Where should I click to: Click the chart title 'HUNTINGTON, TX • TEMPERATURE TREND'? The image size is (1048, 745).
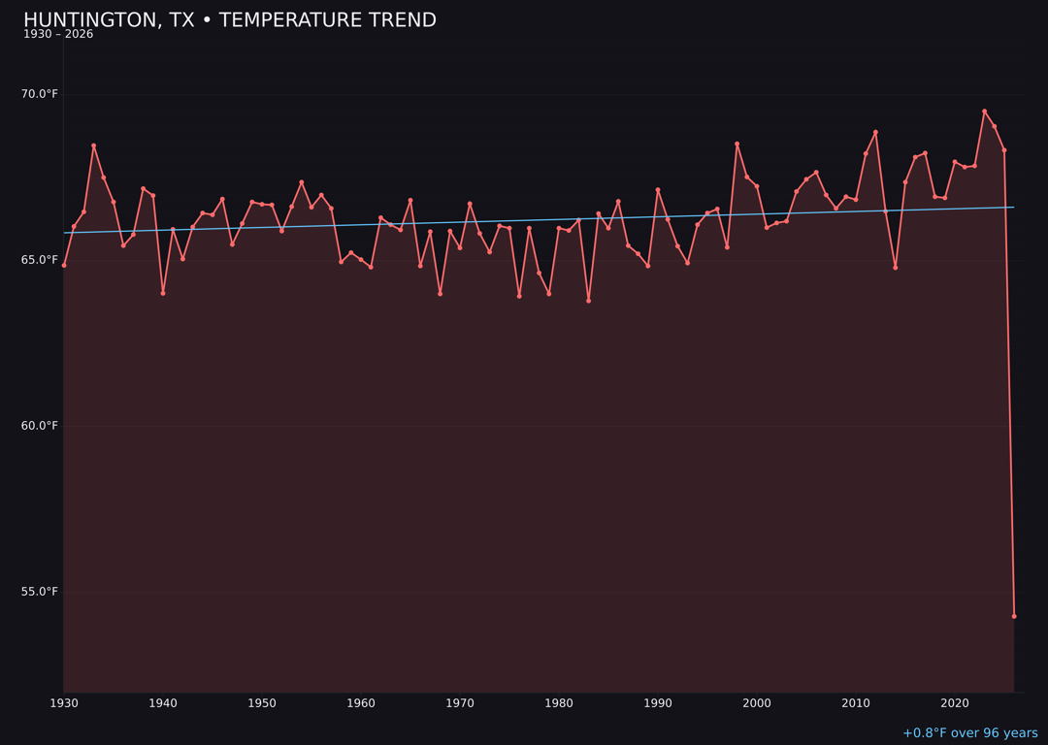230,20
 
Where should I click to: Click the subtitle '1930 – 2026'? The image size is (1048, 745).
58,35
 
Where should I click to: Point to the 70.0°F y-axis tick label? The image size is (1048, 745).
40,94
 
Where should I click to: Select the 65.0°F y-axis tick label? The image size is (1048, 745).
40,260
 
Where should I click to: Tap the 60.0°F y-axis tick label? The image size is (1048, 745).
40,426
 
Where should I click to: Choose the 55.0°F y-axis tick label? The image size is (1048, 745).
40,592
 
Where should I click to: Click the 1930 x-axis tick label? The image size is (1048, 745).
64,703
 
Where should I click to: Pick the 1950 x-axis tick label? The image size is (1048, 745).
262,703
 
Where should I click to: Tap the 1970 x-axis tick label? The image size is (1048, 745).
460,703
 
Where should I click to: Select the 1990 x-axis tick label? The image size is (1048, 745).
658,703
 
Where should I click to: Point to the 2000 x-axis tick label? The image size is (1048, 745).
757,703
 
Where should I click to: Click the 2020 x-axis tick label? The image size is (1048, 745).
955,703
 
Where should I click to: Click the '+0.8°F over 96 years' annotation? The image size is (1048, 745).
969,733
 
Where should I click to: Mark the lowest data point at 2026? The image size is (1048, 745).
1014,616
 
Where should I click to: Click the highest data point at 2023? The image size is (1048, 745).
984,112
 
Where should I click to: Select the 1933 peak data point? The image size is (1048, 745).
94,146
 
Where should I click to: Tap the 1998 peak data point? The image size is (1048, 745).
737,144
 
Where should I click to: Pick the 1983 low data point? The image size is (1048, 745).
588,301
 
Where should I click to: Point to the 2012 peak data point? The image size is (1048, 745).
875,132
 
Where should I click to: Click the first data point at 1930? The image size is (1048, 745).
64,265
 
